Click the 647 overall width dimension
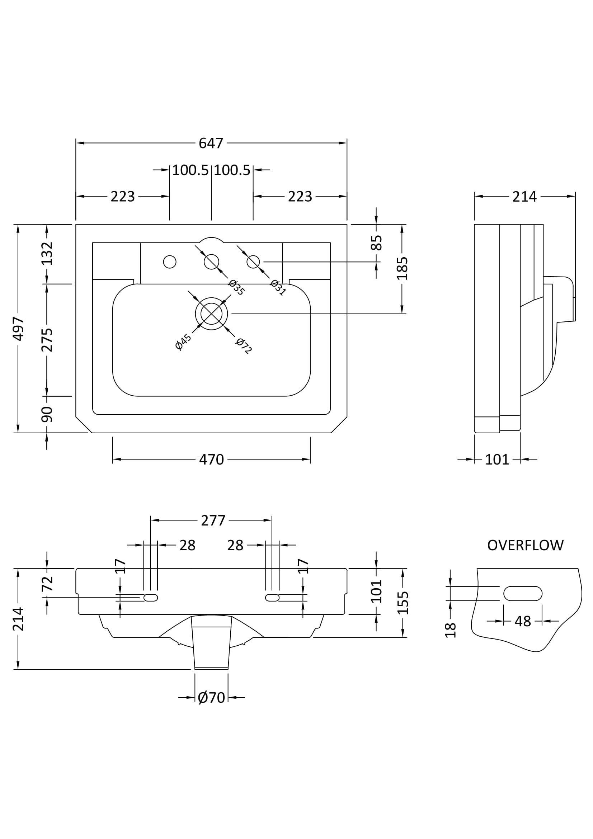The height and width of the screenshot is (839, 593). coord(211,143)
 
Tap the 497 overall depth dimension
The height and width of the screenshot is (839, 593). coord(18,329)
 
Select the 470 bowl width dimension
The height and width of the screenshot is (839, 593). coord(211,459)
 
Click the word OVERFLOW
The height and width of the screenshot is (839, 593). coord(525,545)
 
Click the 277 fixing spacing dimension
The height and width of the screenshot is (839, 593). coord(213,520)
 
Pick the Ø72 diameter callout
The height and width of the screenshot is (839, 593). coord(244,346)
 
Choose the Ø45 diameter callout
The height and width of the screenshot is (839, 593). coord(183,342)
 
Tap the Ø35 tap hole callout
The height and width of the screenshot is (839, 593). coord(236,287)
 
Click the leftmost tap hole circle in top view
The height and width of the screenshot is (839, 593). coord(170,261)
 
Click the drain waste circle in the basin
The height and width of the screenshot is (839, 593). coord(211,314)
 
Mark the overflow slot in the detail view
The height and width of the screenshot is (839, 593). coord(522,593)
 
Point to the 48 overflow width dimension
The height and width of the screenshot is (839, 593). coord(522,621)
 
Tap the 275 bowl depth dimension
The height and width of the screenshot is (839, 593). coord(47,340)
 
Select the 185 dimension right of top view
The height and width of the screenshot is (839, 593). coord(402,268)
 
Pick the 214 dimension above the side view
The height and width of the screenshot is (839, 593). coord(524,197)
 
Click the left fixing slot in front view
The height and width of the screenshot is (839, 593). coord(151,598)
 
